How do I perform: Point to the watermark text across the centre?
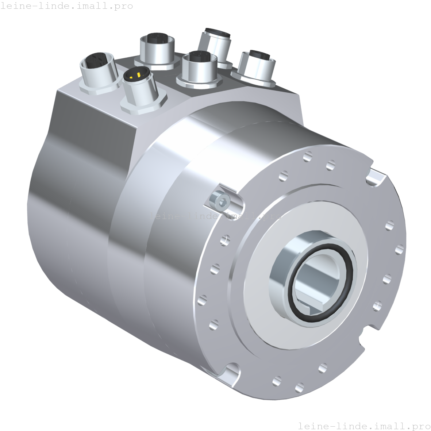(x=215, y=216)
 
